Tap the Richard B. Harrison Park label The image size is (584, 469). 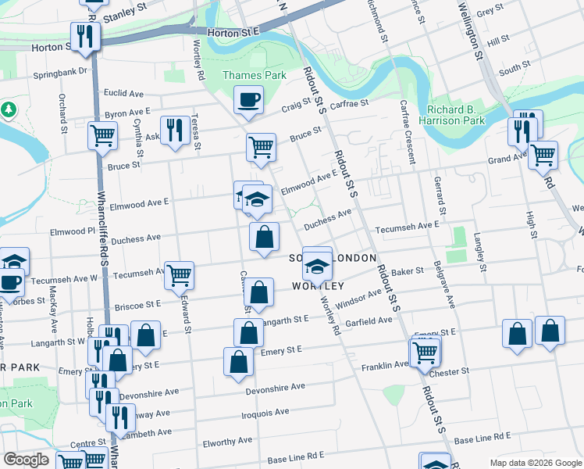(x=456, y=114)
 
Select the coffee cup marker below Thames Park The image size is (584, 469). (x=249, y=100)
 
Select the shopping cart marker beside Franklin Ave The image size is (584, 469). (x=426, y=353)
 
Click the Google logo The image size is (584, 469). (x=25, y=460)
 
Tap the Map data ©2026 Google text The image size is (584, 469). (x=535, y=463)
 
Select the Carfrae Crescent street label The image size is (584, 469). (x=406, y=131)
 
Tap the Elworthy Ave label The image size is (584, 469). (x=226, y=441)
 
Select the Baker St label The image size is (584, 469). (x=408, y=271)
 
